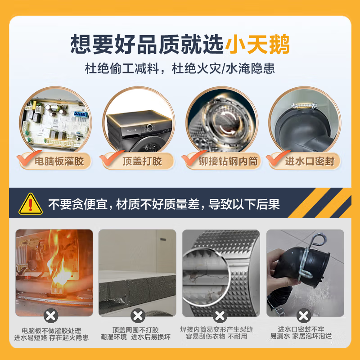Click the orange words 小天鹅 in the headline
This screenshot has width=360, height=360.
(257, 45)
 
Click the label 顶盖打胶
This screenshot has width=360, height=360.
(142, 161)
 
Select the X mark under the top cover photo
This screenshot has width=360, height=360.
(137, 315)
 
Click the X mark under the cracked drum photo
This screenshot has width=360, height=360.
(220, 315)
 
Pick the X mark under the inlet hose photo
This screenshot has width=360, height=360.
(304, 315)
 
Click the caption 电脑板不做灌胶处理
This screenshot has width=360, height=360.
(53, 330)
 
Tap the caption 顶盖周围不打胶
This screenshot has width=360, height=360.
(137, 330)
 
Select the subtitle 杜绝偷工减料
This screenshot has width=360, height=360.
(119, 69)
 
